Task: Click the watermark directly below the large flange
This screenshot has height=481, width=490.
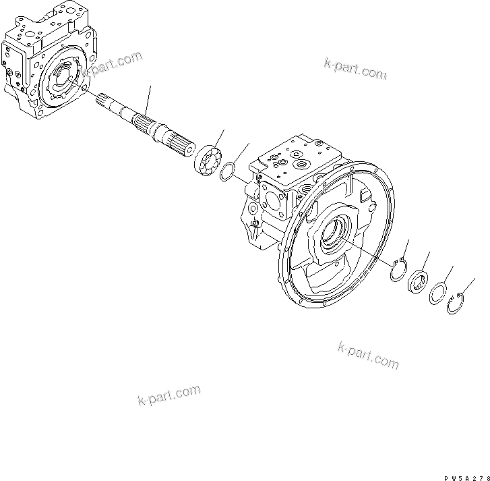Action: (367, 356)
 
